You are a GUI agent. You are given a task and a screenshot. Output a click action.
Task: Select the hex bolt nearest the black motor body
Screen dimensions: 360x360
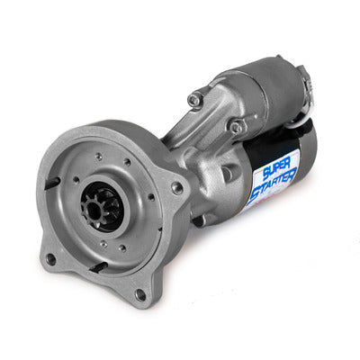click(x=237, y=128)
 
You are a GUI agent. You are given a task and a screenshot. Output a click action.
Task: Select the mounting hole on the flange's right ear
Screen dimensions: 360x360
click(x=177, y=188)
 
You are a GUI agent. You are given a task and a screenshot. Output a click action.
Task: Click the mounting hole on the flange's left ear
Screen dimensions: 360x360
click(x=51, y=258)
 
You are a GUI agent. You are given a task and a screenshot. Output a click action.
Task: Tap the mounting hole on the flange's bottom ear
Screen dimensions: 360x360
click(x=140, y=294)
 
